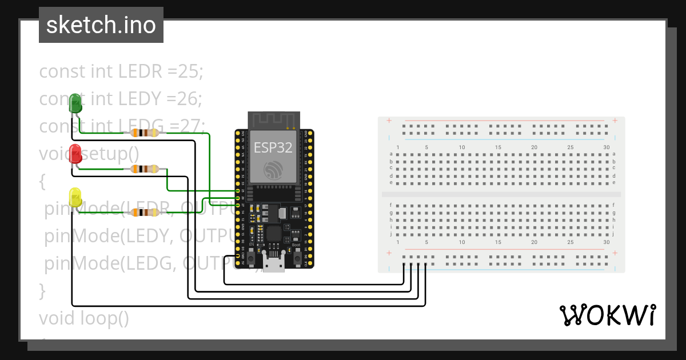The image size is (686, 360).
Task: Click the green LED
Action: point(75,103)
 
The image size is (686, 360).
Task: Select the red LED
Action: point(75,154)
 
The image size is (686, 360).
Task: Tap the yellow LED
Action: point(75,197)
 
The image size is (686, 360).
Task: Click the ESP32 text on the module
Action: point(273,147)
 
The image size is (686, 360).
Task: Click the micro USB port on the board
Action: point(274,263)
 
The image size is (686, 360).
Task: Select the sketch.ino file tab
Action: point(101,25)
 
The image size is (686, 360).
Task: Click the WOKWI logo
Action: point(607,315)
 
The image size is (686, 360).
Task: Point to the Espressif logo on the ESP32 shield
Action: point(273,170)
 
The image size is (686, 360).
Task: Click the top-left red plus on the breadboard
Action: point(389,121)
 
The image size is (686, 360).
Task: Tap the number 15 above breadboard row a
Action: point(498,147)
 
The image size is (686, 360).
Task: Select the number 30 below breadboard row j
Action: point(606,242)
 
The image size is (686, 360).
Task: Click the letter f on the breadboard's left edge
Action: point(391,205)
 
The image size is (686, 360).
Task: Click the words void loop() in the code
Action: point(84,318)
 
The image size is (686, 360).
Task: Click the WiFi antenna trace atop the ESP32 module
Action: point(273,119)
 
